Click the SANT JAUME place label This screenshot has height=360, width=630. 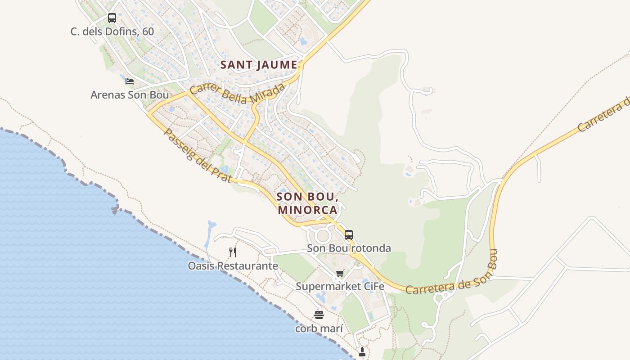pos(259,65)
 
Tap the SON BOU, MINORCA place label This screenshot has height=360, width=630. pos(307,203)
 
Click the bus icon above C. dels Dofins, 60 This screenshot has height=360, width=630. pos(112,18)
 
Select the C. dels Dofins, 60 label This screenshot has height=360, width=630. pos(112,31)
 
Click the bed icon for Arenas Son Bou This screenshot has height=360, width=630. pos(130,81)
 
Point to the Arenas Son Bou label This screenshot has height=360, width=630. pos(130,95)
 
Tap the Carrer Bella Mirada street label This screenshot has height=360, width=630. pos(238,93)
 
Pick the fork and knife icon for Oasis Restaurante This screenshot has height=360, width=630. pos(233,252)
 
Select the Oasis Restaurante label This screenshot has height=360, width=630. pos(233,266)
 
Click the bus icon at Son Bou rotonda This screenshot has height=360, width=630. pos(349,234)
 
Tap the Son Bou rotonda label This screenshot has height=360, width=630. pos(349,248)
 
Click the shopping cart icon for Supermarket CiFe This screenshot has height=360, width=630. pos(340,273)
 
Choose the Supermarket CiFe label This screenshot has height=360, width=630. pos(340,286)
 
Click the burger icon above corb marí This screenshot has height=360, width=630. pos(319,315)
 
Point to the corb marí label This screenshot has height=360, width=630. pos(319,328)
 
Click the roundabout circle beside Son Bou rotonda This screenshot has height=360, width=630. pos(323,236)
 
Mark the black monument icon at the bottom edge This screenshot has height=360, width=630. pos(362,352)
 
